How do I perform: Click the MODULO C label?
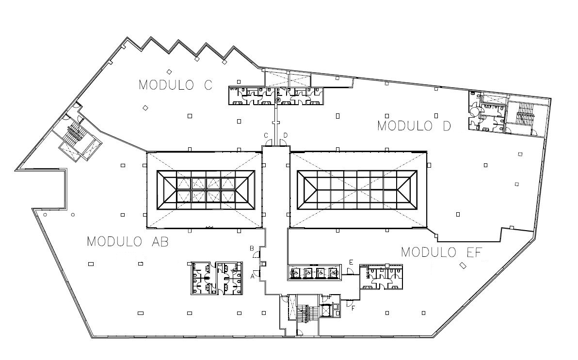coord(176,85)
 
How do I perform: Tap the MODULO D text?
coord(414,126)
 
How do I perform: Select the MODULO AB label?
coord(128,242)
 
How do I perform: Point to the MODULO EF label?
coord(442,252)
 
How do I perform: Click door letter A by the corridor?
coord(253,276)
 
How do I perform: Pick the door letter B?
coord(252,248)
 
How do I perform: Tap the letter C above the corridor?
coord(266,136)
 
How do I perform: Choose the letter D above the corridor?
coord(285,136)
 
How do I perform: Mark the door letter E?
coord(351,262)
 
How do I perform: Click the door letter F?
coord(353,309)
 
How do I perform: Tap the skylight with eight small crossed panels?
coord(206,190)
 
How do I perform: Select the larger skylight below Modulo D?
coord(357,190)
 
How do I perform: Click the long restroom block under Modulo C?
coord(276,96)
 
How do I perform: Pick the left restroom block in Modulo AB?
coord(203,279)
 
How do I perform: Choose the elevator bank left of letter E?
coord(313,272)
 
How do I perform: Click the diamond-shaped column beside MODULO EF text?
coord(462,265)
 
